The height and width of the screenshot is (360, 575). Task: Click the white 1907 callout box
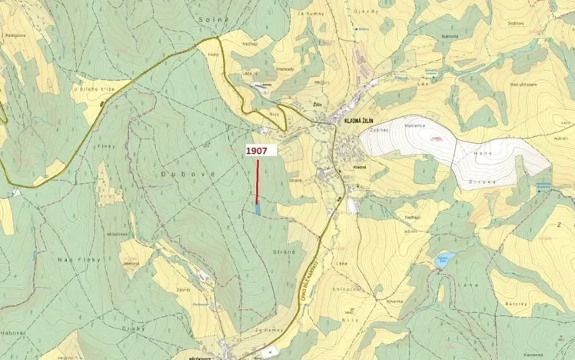click(256, 152)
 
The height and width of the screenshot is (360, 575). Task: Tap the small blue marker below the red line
click(258, 208)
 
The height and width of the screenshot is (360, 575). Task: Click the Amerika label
click(396, 302)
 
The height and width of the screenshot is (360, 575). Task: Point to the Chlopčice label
click(347, 288)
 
